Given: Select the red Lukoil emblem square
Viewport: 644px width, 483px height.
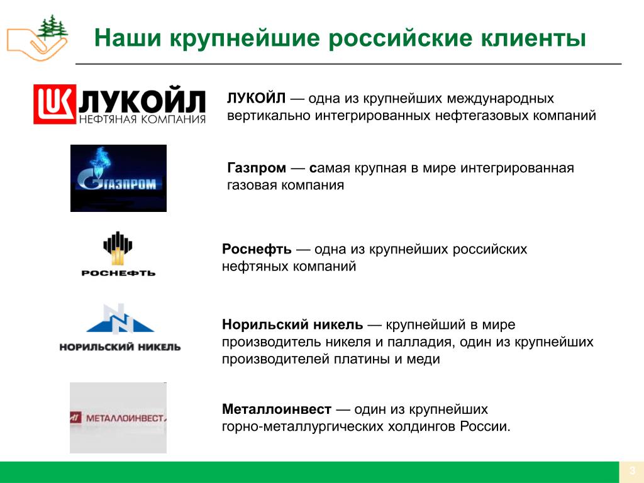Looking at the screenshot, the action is click(55, 104).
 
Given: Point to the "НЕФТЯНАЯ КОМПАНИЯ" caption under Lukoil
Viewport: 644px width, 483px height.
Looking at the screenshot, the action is click(142, 119).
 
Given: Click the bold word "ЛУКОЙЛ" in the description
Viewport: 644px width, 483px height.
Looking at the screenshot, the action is click(257, 98).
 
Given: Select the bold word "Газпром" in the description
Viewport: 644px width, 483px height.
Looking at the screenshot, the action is click(257, 168).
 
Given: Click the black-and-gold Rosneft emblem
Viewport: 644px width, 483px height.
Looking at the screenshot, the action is click(118, 248).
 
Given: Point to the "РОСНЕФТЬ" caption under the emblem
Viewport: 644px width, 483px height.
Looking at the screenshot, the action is click(118, 273).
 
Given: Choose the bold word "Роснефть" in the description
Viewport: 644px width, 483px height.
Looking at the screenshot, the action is click(257, 249).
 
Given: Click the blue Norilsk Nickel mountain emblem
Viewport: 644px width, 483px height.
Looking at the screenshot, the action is click(120, 318).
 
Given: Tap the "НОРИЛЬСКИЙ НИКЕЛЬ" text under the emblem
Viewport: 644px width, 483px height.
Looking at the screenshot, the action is click(120, 347).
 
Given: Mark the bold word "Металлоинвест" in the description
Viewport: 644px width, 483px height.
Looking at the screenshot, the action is click(277, 409).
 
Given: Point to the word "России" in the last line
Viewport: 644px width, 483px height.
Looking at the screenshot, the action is click(485, 426).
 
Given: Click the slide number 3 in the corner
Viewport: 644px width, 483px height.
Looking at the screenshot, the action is click(632, 470).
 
